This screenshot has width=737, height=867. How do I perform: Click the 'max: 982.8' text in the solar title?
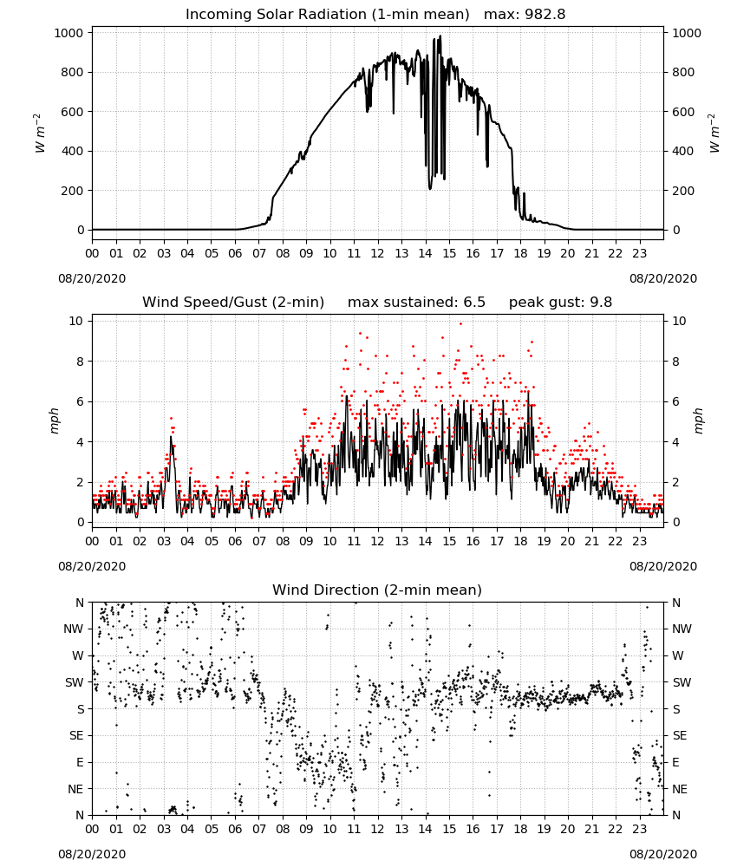(x=525, y=15)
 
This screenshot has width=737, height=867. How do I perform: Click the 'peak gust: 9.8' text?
(x=560, y=303)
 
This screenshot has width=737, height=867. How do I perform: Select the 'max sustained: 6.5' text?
(x=416, y=303)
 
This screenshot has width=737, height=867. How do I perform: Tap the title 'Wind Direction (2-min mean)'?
(x=377, y=590)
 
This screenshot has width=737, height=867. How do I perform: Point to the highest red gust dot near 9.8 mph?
(x=461, y=324)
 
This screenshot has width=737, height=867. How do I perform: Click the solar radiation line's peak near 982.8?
(x=440, y=36)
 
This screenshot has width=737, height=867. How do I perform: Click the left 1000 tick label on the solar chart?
(x=68, y=33)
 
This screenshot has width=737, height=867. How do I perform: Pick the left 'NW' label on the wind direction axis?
(x=74, y=629)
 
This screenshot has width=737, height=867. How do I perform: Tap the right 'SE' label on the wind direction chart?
(x=680, y=735)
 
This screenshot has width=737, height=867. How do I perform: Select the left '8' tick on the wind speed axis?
(x=80, y=362)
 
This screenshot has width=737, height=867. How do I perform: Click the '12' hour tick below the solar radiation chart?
(x=377, y=253)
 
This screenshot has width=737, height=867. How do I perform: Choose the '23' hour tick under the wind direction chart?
(x=639, y=830)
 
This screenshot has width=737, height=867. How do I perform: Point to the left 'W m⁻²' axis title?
(x=38, y=134)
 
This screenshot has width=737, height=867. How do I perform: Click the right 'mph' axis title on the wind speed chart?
(x=698, y=420)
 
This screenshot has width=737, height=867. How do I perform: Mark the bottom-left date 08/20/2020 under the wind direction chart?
(x=92, y=854)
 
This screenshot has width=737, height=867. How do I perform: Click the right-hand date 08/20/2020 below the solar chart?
(x=663, y=278)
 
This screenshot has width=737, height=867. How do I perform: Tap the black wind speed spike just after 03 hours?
(x=171, y=438)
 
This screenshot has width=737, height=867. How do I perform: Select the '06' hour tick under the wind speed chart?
(x=235, y=541)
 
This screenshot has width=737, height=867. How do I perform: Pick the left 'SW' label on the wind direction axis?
(x=75, y=682)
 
